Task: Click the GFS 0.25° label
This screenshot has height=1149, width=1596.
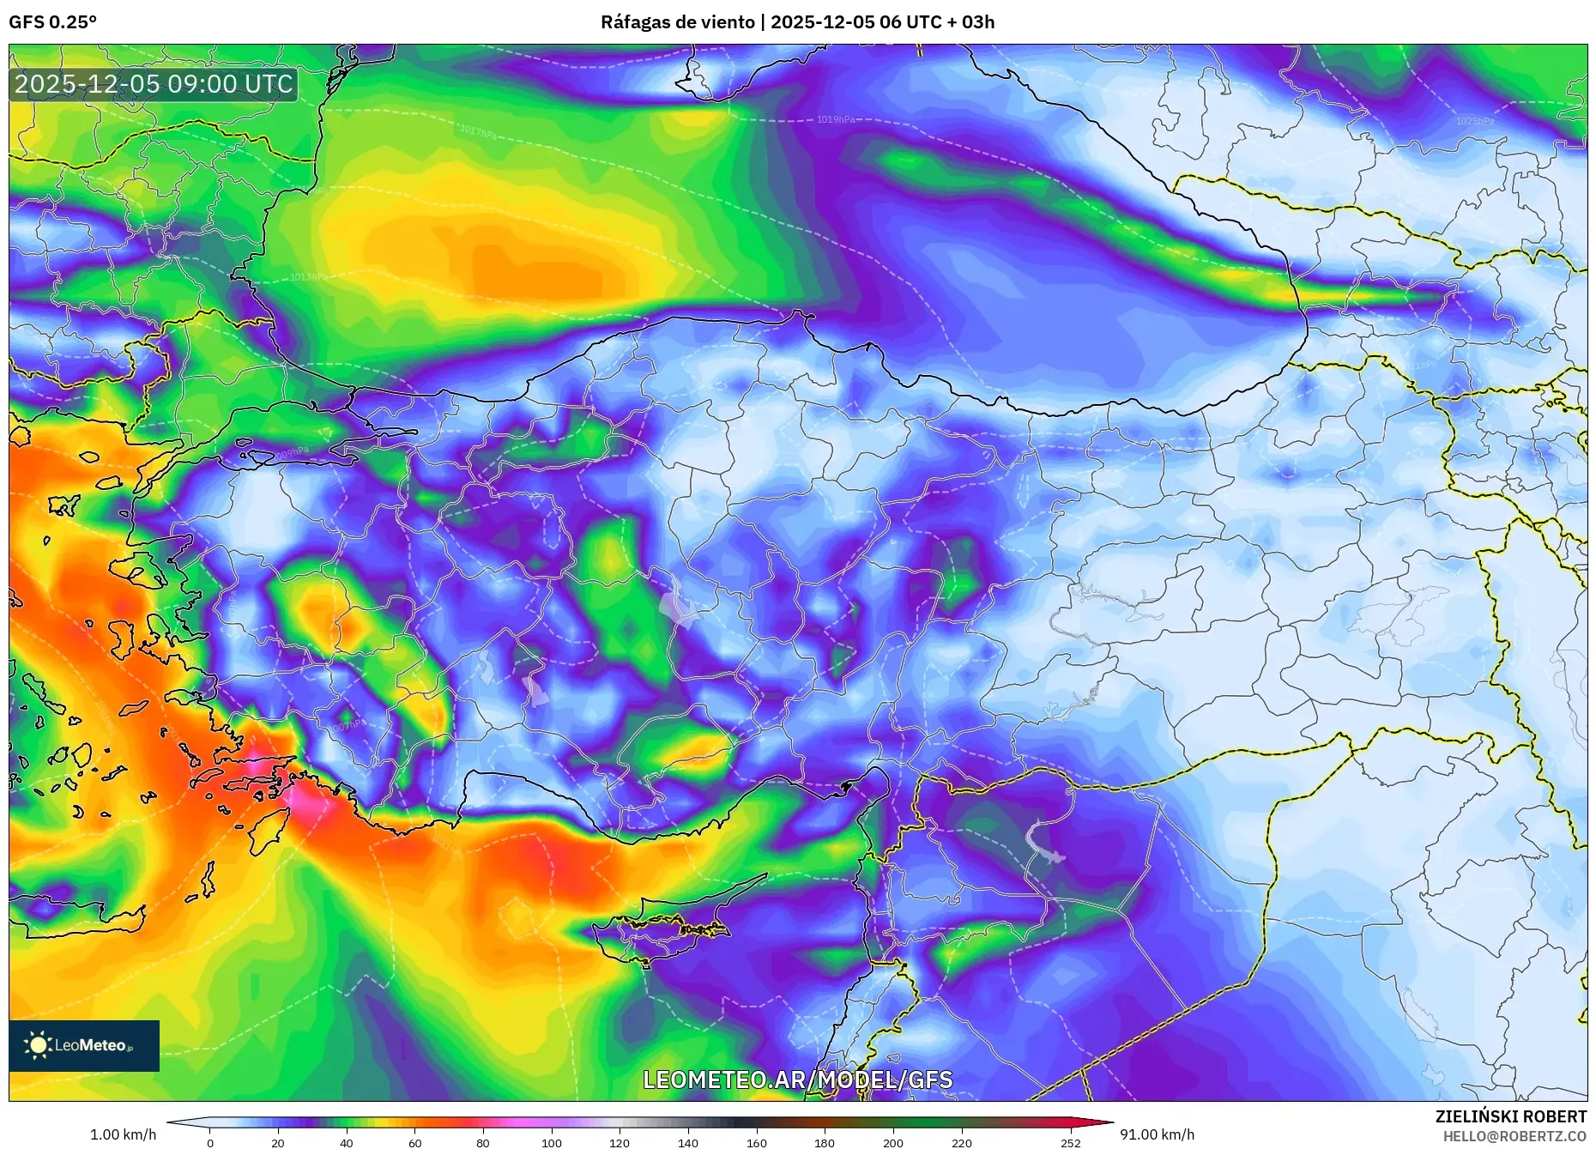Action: coord(52,22)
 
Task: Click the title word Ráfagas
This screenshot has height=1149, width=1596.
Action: coord(634,22)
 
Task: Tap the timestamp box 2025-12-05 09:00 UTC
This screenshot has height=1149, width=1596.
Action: coord(154,84)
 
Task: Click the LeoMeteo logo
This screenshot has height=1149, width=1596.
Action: coord(83,1045)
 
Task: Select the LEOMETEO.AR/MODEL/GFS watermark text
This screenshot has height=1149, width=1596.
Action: coord(797,1079)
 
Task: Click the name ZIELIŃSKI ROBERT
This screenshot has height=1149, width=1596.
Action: coord(1510,1116)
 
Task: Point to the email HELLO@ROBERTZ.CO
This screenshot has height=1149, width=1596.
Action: coord(1514,1136)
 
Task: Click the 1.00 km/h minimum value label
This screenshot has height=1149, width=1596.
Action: coord(123,1134)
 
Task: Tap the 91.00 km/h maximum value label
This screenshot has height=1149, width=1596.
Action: coord(1157,1134)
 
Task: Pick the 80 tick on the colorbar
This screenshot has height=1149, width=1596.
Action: coord(483,1142)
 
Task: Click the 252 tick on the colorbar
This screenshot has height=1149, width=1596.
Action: coord(1070,1142)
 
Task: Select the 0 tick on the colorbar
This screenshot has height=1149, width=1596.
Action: coord(210,1142)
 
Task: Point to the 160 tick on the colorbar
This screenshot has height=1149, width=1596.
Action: coord(756,1142)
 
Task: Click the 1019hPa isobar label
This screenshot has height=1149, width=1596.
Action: coord(835,119)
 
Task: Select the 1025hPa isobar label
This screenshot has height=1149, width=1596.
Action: coord(1474,121)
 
